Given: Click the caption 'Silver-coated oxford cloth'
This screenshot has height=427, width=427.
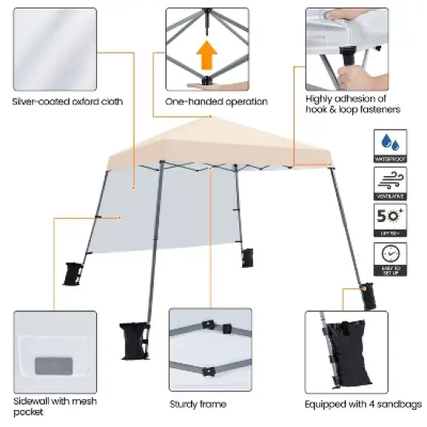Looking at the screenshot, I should point(67,102).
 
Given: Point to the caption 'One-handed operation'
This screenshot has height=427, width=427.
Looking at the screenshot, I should point(217,102).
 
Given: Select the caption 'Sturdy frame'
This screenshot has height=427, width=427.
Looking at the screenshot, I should point(198,404).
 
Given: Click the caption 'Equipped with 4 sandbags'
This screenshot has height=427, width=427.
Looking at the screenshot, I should point(363,404).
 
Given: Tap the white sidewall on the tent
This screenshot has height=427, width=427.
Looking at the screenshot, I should point(132,217).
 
